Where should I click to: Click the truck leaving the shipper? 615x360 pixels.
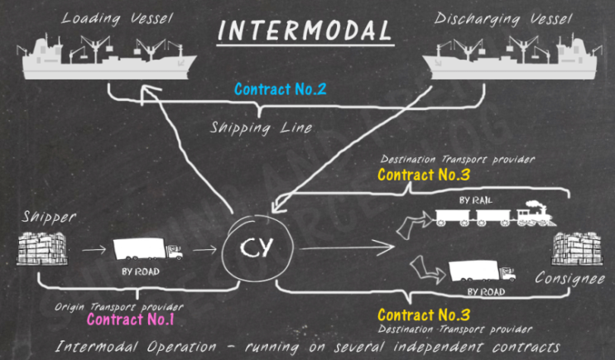pos(147,250)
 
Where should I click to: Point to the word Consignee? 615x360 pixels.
pos(570,280)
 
